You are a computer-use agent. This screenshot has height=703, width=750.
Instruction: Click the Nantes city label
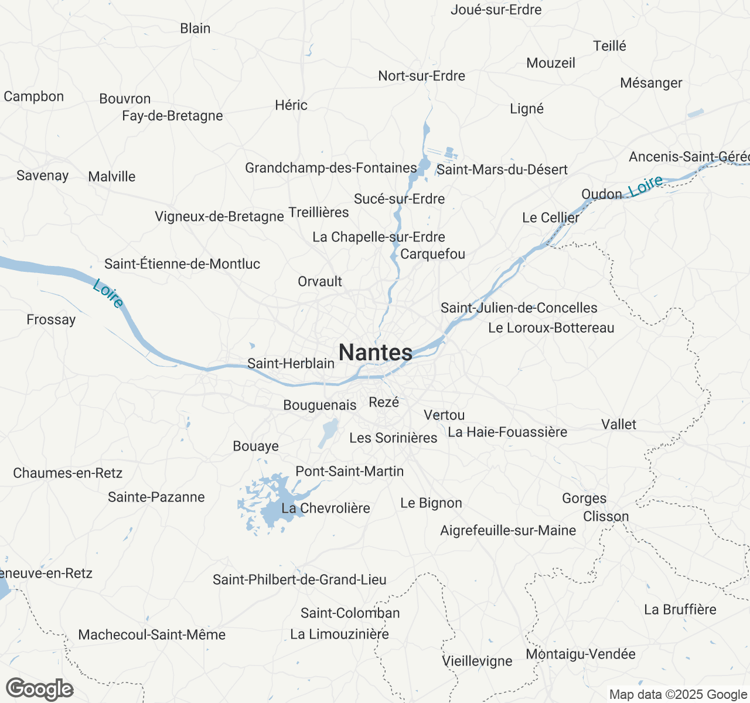(x=376, y=353)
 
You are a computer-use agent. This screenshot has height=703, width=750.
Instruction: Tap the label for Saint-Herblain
(x=291, y=363)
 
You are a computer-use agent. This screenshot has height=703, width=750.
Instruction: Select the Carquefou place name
(x=432, y=254)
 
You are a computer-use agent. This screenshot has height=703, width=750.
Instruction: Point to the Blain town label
(x=195, y=28)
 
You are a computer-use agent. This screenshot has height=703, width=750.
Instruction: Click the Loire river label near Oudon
(x=645, y=186)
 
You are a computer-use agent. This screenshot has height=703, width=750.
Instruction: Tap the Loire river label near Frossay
(x=108, y=293)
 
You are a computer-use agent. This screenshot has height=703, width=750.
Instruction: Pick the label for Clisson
(x=606, y=517)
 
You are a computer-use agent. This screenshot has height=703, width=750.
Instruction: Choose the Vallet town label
(x=619, y=424)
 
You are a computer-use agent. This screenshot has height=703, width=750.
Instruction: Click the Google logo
(x=39, y=690)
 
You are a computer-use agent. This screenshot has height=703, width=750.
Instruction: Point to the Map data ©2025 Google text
(x=678, y=695)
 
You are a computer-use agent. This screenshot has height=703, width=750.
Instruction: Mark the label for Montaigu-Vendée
(x=581, y=654)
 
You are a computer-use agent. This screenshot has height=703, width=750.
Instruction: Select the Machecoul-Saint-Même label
(x=152, y=634)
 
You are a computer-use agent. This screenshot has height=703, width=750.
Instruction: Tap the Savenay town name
(x=43, y=176)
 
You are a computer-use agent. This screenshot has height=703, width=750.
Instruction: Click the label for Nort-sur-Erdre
(x=421, y=76)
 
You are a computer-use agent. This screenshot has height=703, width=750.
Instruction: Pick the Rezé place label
(x=384, y=402)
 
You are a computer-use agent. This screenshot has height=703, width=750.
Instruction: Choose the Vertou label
(x=444, y=415)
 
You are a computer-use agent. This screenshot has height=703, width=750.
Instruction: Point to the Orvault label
(x=320, y=281)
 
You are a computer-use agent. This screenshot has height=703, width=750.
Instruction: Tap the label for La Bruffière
(x=680, y=609)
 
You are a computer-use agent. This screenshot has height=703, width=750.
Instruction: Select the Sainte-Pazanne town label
(x=156, y=497)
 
